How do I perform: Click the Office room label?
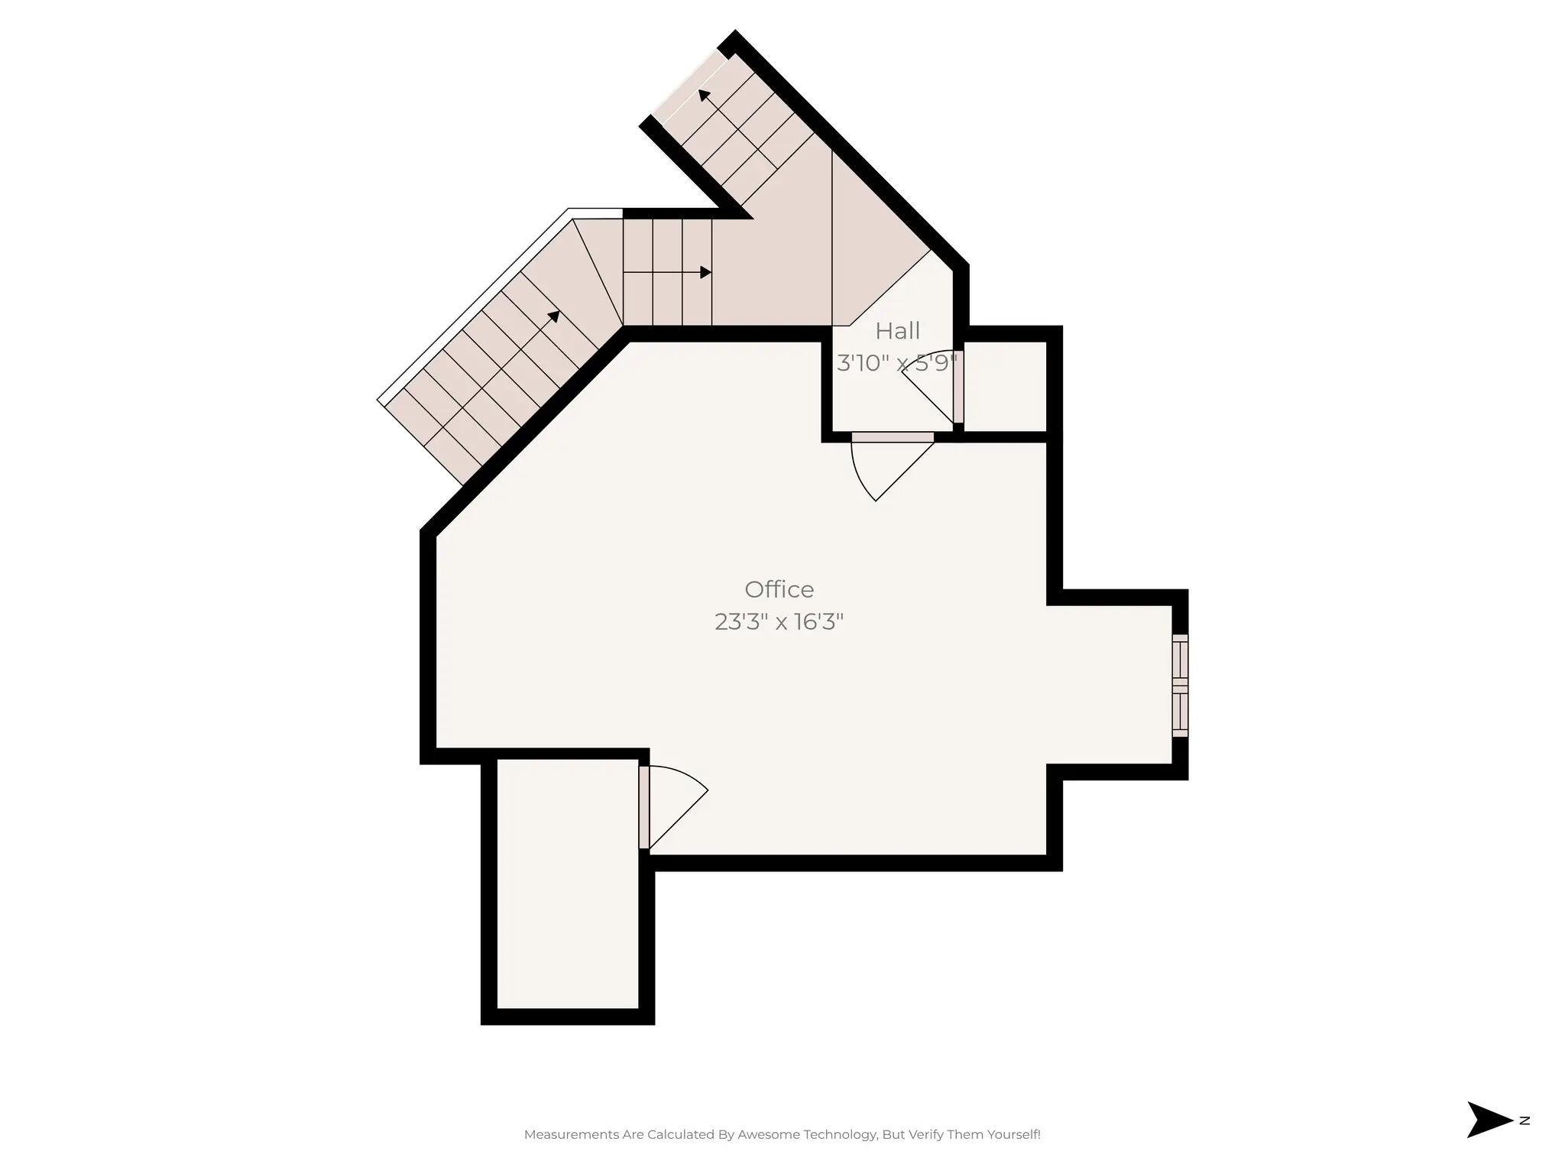point(779,589)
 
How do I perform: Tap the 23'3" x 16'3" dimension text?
point(779,622)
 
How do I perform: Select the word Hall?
point(897,331)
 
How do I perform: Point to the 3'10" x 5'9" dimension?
point(896,363)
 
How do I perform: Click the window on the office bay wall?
point(1180,686)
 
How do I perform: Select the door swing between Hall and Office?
point(886,466)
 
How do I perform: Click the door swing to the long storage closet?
point(672,803)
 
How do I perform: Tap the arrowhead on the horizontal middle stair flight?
point(705,273)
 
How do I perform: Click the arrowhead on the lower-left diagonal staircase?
point(554,316)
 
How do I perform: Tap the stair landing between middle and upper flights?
point(772,268)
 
